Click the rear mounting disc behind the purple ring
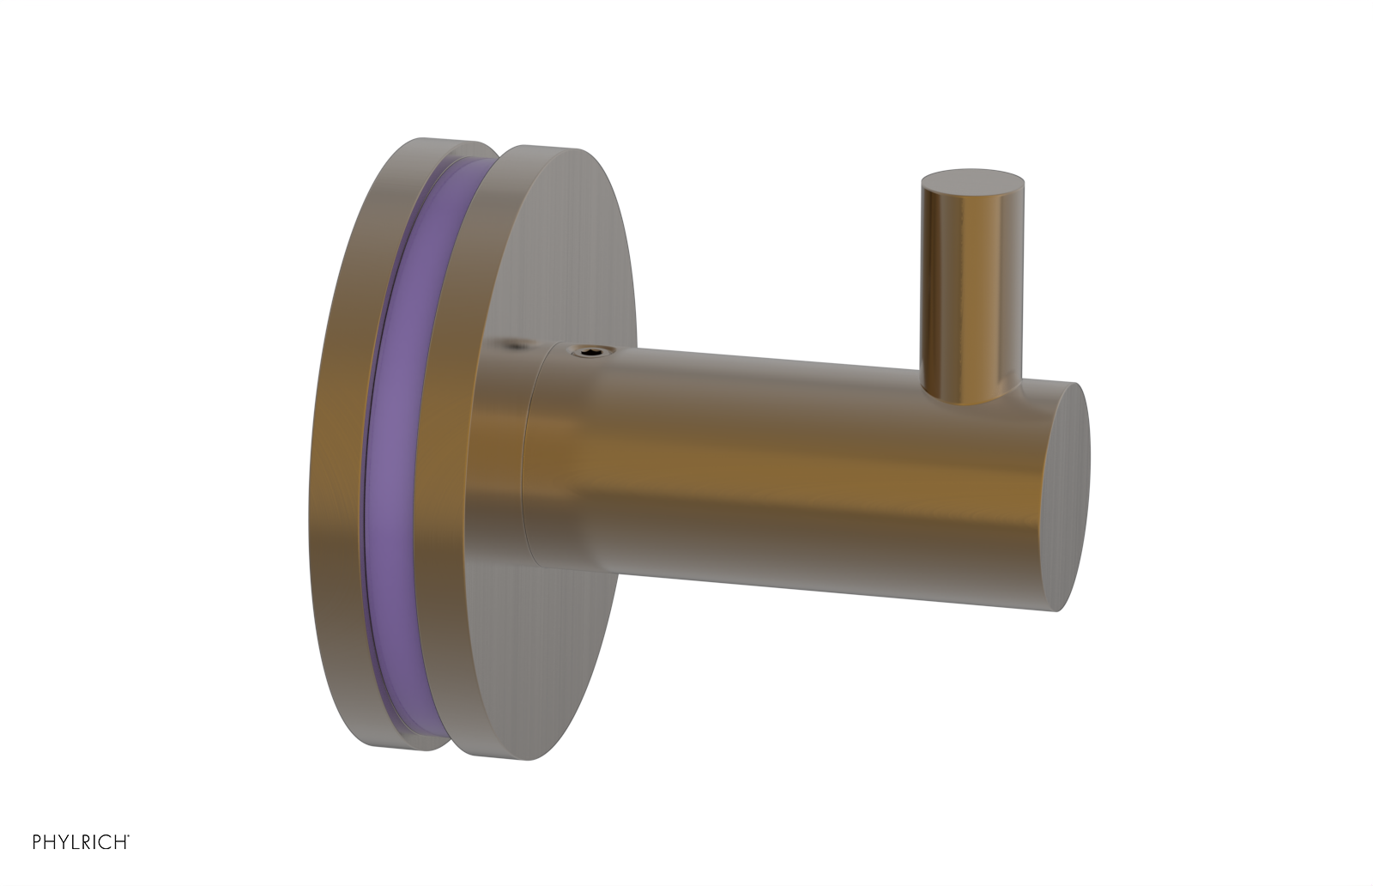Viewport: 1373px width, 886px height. (339, 446)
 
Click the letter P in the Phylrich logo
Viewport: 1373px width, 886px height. (37, 842)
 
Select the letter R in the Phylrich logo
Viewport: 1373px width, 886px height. (86, 842)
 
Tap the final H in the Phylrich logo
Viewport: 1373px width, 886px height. (120, 842)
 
